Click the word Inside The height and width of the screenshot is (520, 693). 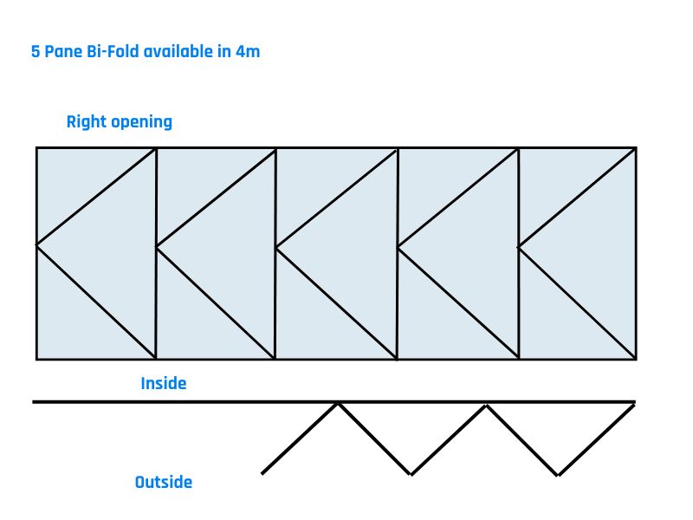tap(164, 383)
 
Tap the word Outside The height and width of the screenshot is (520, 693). tap(164, 482)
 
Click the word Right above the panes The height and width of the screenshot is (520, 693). tap(86, 122)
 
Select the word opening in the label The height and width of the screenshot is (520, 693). tap(141, 122)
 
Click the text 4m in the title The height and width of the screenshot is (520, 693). tap(248, 52)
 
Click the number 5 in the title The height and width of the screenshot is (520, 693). tap(36, 52)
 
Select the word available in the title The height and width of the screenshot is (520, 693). tap(178, 52)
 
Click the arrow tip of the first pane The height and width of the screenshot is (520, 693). tap(36, 245)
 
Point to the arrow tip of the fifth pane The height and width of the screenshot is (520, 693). tap(519, 248)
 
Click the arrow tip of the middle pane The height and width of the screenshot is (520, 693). tap(276, 248)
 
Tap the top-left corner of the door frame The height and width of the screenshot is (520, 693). tap(36, 148)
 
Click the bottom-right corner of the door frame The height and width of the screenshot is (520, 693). tap(636, 359)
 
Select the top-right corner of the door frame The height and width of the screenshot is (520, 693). tap(636, 148)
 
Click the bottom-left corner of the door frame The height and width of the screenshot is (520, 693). tap(36, 359)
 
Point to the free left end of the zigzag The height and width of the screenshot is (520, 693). tap(262, 473)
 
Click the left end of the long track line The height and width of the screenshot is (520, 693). tap(33, 402)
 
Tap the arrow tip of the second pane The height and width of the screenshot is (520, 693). tap(157, 246)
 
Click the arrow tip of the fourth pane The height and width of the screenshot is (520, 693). tap(398, 247)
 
